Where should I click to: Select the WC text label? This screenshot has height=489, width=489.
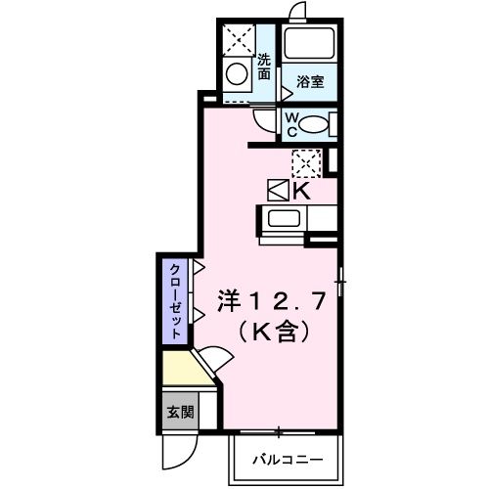tap(290, 124)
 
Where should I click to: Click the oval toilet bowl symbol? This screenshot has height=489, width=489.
tap(312, 124)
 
